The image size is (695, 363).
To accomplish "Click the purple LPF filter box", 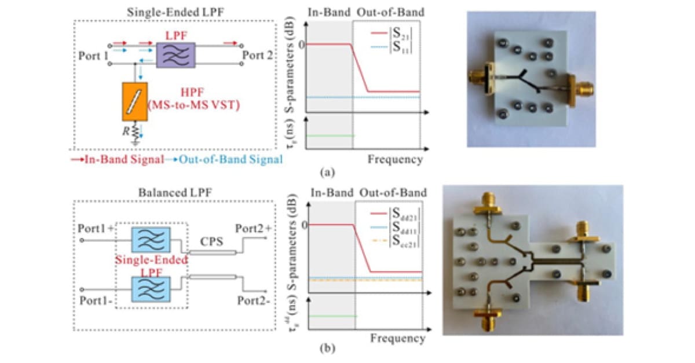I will coord(173,56).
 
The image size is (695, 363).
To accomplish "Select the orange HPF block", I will coord(134,101).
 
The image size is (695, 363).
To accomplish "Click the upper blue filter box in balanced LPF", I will coord(151,238).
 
